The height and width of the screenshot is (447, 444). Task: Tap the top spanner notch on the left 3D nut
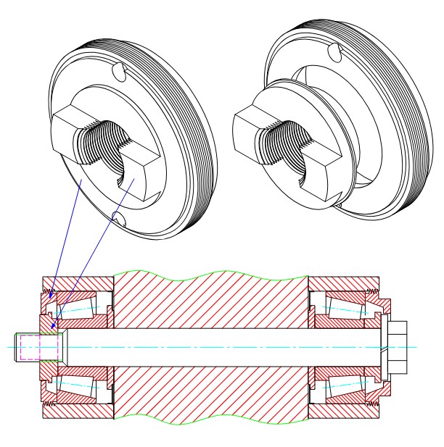120,73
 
